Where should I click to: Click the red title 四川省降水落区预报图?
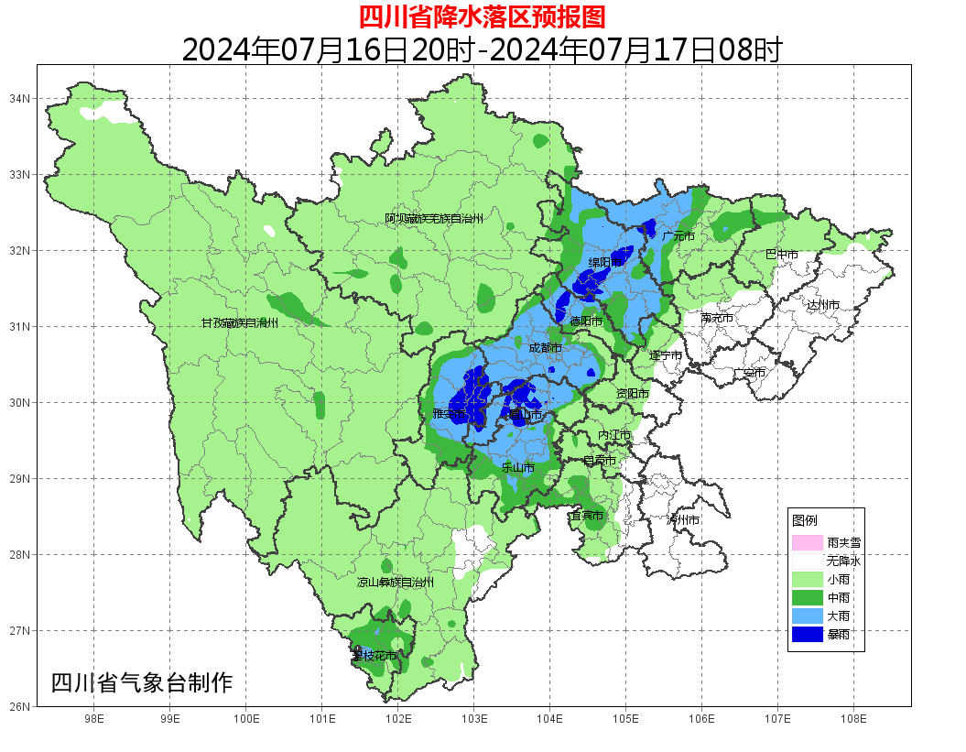482,16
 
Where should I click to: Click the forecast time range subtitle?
482,49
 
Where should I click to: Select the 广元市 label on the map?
678,236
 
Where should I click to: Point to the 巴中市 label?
782,255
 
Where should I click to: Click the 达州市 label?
822,304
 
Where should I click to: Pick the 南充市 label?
717,318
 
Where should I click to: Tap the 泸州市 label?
683,519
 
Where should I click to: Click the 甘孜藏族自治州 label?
240,322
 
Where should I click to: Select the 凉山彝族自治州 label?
396,582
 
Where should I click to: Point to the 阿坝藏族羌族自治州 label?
434,219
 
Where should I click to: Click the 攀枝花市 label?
374,656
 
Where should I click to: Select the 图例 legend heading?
805,520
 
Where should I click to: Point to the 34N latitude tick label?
20,98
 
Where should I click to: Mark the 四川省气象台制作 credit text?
142,682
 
